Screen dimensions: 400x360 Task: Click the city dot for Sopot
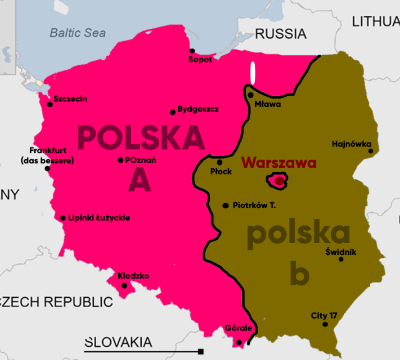192,50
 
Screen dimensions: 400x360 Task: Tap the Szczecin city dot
50,104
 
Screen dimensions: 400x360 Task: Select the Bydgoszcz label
198,109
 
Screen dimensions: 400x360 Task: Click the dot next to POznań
121,161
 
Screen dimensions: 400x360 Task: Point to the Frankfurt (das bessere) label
47,155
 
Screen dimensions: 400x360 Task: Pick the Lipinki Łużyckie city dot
63,218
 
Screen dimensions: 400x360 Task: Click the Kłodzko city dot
125,286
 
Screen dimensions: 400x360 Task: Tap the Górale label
238,328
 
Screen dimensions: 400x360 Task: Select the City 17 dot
325,324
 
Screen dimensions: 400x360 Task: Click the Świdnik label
341,251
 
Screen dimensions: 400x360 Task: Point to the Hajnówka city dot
371,151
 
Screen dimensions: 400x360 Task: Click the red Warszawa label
279,163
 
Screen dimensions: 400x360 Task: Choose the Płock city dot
220,162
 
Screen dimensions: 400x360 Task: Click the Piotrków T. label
254,205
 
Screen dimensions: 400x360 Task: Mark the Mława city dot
250,95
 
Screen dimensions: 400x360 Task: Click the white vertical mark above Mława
252,74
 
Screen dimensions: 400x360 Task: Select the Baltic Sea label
78,33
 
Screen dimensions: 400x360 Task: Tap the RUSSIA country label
280,34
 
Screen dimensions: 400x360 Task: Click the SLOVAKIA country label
118,342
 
